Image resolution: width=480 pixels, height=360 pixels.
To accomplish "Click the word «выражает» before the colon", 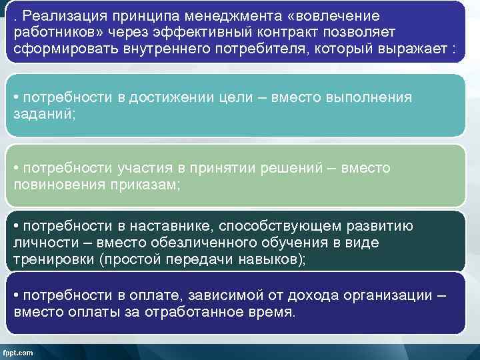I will [x=420, y=50].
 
